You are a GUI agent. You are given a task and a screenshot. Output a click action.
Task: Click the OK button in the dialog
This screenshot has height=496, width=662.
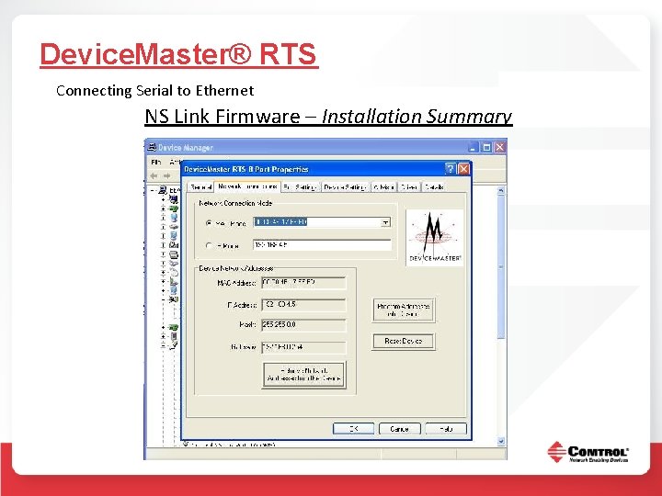353,428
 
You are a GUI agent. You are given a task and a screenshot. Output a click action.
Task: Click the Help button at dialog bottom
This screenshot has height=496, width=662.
445,428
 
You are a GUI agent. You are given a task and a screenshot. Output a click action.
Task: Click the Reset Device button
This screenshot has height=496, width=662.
403,341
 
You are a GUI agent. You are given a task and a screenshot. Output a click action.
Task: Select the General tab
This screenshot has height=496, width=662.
200,186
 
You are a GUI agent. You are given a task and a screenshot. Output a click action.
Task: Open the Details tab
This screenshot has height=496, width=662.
434,186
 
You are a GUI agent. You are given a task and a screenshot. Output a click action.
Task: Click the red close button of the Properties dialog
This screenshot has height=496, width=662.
463,169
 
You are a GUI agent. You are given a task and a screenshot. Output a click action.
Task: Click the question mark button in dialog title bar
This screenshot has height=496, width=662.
450,169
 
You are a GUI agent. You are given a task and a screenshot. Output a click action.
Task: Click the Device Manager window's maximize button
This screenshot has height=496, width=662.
485,147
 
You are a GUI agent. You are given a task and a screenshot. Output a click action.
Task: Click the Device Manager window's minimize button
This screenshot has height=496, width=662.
472,147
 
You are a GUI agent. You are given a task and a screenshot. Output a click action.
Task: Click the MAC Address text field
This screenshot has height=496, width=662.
303,283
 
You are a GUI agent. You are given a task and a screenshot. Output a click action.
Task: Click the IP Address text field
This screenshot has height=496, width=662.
303,304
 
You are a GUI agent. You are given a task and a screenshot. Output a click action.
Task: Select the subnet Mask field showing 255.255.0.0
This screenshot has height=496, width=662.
303,325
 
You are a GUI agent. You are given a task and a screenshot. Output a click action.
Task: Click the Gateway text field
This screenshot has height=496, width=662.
303,347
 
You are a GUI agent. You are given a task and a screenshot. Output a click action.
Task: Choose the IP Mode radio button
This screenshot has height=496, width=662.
210,245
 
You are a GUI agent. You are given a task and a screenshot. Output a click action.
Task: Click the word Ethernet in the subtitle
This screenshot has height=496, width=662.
225,90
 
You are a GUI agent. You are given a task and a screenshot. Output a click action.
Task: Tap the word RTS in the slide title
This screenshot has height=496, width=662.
288,54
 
